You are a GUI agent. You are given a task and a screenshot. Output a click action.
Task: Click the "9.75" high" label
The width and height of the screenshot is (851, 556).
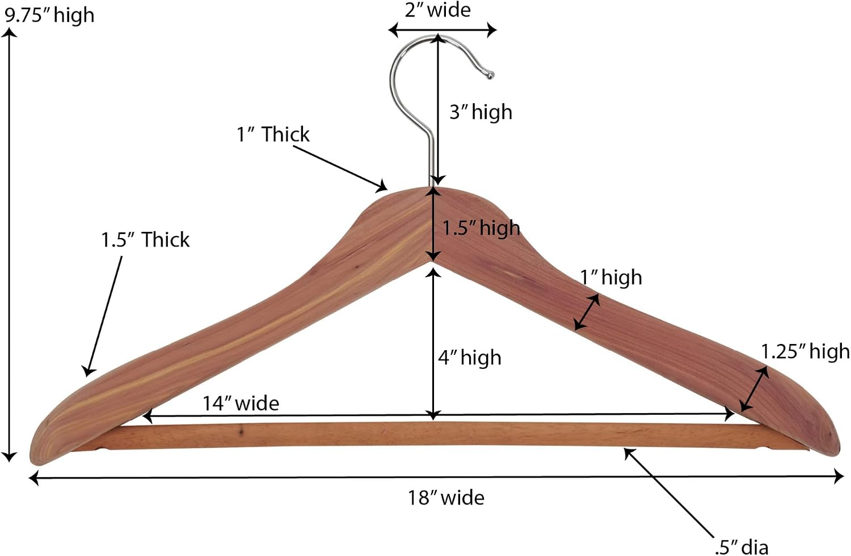click(x=49, y=15)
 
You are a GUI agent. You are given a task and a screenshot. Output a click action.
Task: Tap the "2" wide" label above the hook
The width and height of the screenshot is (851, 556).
click(x=437, y=10)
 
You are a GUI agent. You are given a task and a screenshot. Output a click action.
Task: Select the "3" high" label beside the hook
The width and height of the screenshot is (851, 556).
click(x=481, y=112)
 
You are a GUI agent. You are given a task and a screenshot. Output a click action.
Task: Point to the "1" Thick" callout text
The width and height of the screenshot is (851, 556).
click(x=273, y=134)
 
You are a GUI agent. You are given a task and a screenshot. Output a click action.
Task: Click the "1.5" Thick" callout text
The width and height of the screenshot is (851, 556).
click(x=145, y=240)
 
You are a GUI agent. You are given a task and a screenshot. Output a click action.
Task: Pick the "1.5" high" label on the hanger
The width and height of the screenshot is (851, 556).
click(x=481, y=228)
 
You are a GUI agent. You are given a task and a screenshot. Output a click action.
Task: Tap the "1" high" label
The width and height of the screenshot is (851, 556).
click(x=611, y=277)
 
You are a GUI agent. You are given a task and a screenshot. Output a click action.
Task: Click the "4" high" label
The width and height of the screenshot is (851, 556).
click(x=470, y=358)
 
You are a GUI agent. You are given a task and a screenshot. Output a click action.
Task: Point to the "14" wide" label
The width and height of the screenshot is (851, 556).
click(x=241, y=403)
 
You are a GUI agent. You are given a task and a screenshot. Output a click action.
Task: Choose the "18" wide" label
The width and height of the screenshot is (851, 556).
click(x=446, y=498)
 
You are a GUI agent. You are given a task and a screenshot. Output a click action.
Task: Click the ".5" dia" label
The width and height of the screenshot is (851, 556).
click(x=741, y=547)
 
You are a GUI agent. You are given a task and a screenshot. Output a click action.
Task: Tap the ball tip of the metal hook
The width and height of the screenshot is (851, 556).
click(x=490, y=75)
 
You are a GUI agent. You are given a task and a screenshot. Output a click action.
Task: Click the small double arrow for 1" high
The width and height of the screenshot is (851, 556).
click(x=587, y=312)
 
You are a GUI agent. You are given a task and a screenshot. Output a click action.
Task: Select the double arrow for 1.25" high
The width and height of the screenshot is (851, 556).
click(x=754, y=389)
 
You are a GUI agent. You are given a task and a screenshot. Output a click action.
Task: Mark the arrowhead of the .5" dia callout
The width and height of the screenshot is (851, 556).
click(x=629, y=453)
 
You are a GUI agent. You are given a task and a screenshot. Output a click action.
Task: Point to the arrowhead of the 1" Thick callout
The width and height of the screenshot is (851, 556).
click(x=382, y=186)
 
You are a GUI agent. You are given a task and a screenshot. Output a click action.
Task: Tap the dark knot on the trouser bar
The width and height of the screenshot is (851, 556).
click(x=241, y=431)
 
